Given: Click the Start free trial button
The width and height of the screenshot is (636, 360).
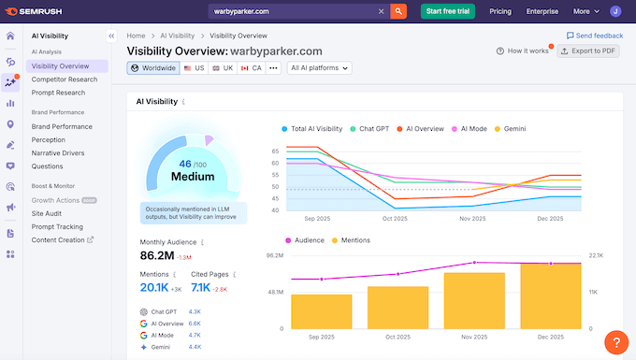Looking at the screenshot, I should pyautogui.click(x=446, y=11).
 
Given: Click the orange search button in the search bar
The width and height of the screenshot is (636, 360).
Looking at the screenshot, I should pyautogui.click(x=397, y=11).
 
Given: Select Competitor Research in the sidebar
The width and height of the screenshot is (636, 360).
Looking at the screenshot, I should pyautogui.click(x=65, y=79).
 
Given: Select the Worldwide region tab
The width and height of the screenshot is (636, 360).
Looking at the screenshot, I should pyautogui.click(x=153, y=68).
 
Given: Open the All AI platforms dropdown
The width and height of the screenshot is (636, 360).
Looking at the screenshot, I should pyautogui.click(x=320, y=68).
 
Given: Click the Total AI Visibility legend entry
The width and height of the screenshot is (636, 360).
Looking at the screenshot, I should pyautogui.click(x=313, y=128).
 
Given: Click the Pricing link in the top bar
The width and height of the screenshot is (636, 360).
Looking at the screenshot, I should pyautogui.click(x=500, y=11).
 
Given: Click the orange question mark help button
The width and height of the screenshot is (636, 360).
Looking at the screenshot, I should pyautogui.click(x=616, y=342).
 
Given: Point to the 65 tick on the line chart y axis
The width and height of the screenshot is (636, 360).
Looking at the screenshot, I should pyautogui.click(x=276, y=151).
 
